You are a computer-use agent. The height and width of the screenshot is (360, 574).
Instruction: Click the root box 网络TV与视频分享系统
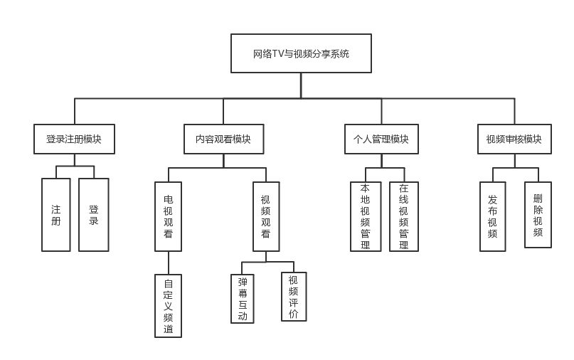301,53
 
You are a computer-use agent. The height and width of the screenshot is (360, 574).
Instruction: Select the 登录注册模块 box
74,139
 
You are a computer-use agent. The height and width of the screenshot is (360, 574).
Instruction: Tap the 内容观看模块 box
223,139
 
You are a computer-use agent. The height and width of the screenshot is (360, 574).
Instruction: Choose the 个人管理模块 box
381,139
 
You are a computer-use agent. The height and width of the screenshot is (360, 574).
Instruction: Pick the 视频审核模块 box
514,139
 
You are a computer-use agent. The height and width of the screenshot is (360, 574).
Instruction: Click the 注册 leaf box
56,215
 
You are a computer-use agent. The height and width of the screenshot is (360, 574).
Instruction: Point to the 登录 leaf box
93,215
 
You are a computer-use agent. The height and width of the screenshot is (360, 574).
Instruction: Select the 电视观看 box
168,216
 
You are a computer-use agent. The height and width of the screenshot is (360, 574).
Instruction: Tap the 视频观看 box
266,216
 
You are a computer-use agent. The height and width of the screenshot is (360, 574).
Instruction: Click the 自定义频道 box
168,306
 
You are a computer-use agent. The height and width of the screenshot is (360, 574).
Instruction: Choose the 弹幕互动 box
243,299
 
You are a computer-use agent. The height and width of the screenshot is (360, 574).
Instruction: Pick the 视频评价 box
294,297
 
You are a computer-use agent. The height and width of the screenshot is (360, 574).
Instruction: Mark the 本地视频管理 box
366,216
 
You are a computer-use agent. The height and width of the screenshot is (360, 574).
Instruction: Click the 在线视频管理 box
404,216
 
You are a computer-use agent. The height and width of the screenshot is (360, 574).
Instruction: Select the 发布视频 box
492,216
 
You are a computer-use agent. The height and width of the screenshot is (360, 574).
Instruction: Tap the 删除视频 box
538,215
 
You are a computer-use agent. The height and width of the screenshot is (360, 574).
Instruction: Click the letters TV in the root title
278,53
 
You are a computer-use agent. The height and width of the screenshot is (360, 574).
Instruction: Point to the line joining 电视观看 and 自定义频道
169,263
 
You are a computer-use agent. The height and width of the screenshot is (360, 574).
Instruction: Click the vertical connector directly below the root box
301,85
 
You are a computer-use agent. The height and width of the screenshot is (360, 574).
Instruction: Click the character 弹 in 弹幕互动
243,282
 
